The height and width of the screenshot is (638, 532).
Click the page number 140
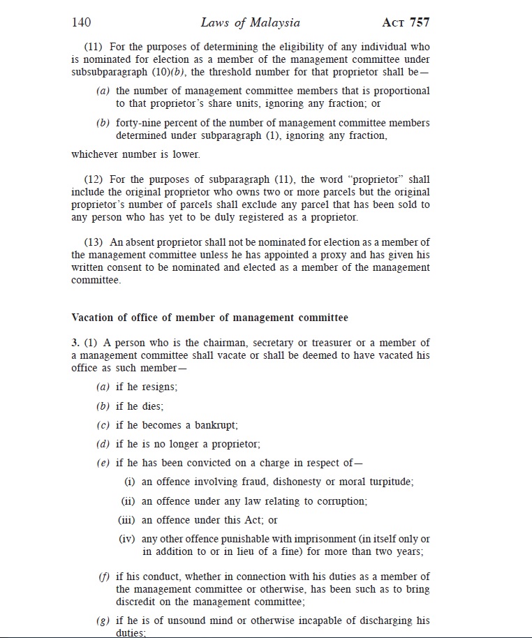pyautogui.click(x=82, y=22)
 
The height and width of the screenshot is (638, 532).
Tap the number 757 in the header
pyautogui.click(x=419, y=22)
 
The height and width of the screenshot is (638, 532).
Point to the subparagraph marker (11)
pyautogui.click(x=94, y=47)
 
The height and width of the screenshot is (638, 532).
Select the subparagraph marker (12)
pyautogui.click(x=94, y=179)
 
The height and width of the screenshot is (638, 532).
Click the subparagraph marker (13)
pyautogui.click(x=94, y=242)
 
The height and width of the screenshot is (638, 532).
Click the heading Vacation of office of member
pyautogui.click(x=209, y=318)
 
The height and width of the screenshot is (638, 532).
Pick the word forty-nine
pyautogui.click(x=138, y=123)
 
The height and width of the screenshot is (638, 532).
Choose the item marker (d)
pyautogui.click(x=103, y=444)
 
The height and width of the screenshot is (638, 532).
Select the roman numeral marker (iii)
pyautogui.click(x=126, y=520)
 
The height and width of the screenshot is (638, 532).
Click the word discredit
pyautogui.click(x=138, y=602)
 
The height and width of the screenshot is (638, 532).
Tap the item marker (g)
pyautogui.click(x=103, y=621)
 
